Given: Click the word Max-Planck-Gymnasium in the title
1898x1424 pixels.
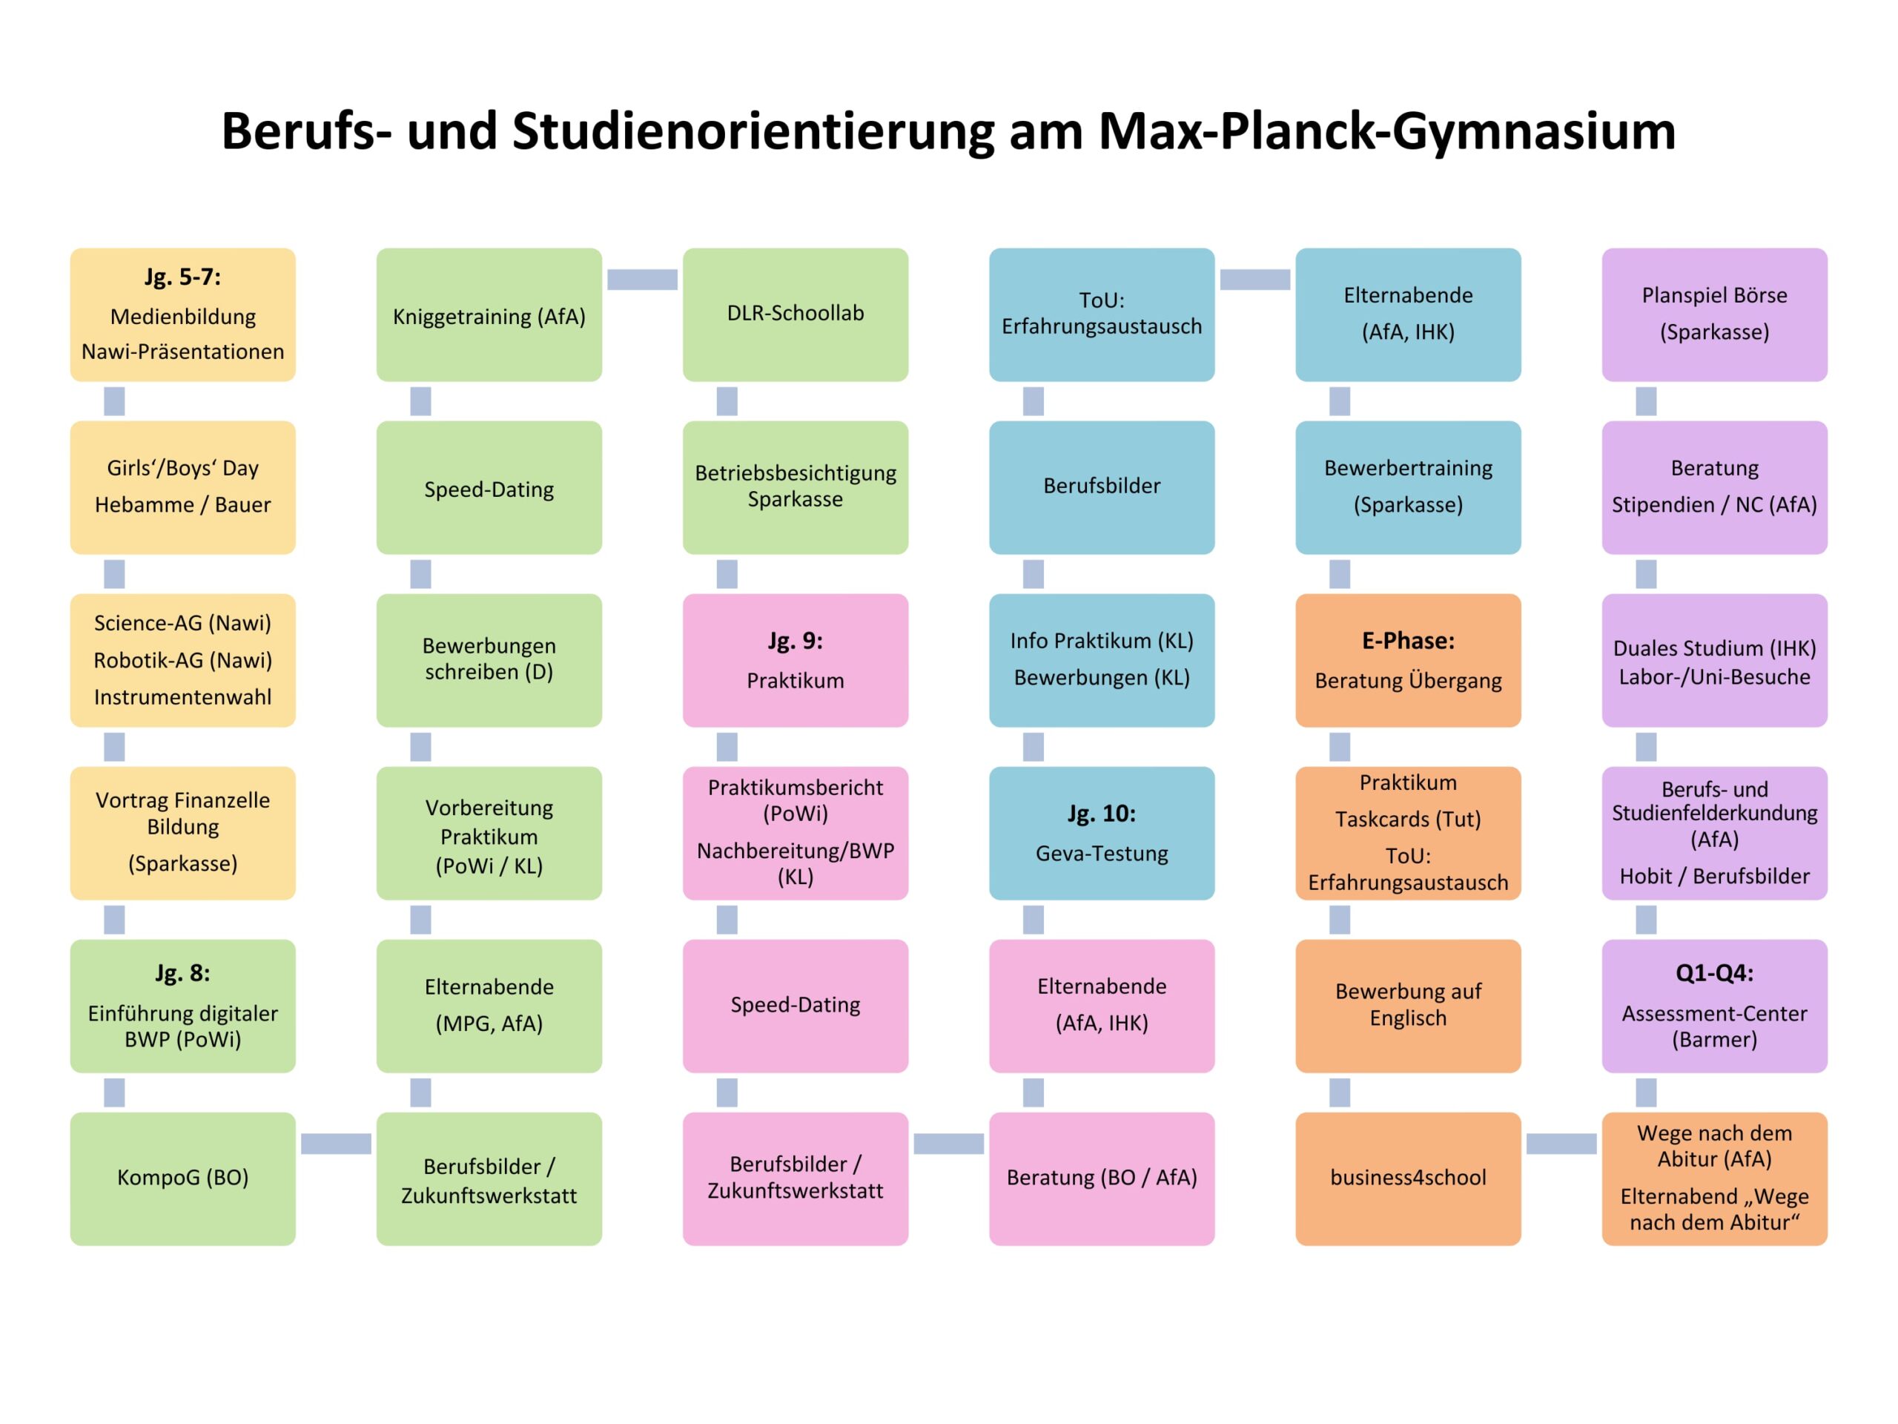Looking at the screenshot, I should tap(1386, 131).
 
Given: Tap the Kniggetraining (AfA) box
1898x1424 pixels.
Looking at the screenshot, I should tap(489, 316).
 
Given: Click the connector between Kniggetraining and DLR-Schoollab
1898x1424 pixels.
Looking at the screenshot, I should tap(642, 279).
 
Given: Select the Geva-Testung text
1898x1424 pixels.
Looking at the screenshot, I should tap(1101, 853).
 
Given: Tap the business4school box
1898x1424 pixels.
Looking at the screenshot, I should tap(1407, 1178).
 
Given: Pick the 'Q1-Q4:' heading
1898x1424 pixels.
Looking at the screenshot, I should tap(1713, 972).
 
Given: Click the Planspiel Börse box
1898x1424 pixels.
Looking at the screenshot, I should tap(1713, 314).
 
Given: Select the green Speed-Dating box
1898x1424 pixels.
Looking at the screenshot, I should tap(489, 489).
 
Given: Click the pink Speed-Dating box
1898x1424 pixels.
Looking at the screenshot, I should tap(795, 1005).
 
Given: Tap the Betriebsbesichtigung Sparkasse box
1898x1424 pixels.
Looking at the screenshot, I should tap(795, 487).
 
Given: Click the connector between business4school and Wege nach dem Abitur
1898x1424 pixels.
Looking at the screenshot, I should tap(1561, 1144).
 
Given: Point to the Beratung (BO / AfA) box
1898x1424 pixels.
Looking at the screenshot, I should tap(1101, 1178).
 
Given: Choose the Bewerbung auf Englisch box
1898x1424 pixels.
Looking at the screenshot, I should tap(1407, 1005).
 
